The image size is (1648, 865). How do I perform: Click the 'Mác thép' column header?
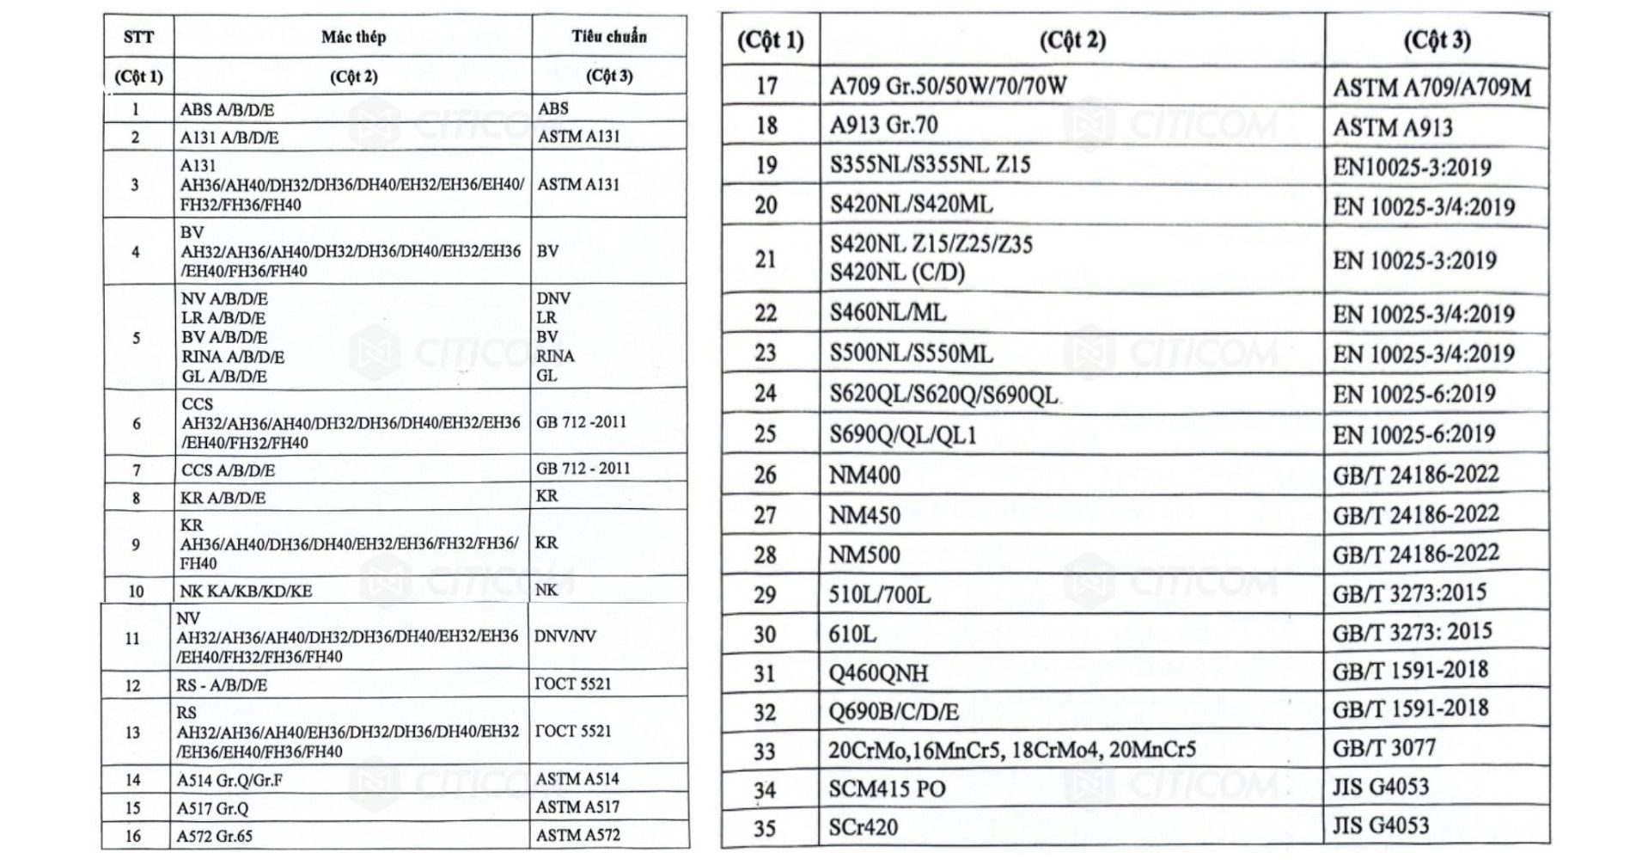353,37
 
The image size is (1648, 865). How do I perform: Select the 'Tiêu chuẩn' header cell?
609,37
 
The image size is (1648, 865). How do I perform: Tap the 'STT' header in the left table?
138,37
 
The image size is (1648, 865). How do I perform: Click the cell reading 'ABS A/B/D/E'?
227,110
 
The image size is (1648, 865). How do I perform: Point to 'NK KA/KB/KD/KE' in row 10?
246,592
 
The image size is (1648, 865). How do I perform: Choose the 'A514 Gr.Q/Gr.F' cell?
229,781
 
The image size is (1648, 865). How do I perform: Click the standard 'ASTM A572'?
577,835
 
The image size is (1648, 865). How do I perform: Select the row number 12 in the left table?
132,685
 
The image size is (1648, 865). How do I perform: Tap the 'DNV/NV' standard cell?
565,637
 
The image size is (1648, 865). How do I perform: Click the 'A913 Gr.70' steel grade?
883,126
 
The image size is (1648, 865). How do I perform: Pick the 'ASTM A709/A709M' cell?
1431,88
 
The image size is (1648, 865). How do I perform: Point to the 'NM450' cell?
864,516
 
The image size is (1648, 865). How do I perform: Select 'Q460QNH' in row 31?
878,673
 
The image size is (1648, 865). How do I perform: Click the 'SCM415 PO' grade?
887,789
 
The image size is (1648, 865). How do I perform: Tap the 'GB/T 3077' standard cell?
1383,748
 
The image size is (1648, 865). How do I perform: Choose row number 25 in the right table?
765,435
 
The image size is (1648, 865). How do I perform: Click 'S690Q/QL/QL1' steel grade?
903,435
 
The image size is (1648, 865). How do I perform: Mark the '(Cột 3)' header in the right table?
1437,40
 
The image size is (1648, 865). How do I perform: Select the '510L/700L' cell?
879,595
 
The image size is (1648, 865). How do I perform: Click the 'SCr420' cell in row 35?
863,828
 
